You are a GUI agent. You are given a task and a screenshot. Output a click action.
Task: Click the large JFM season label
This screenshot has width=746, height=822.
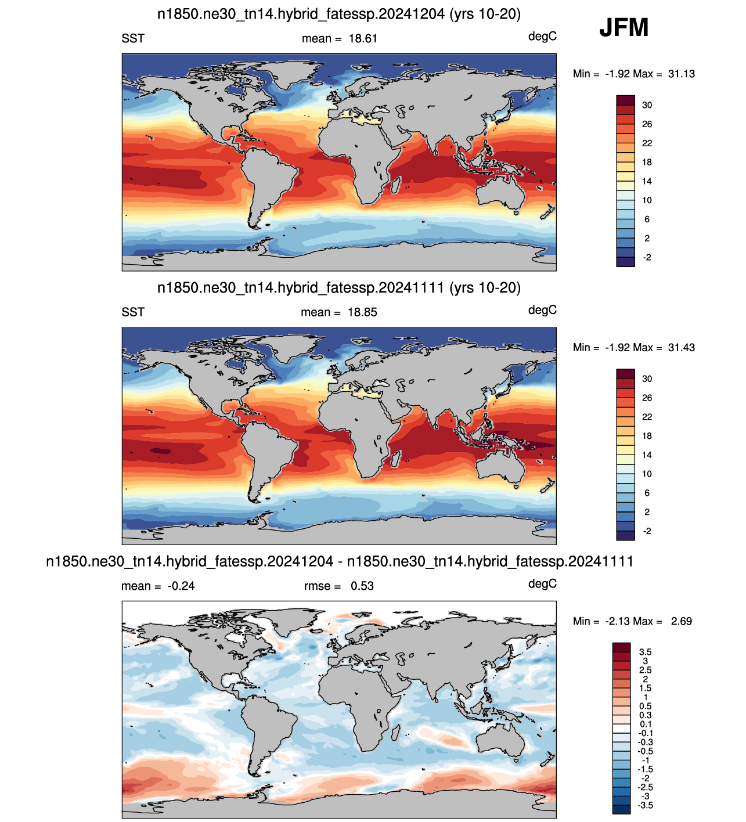tap(624, 27)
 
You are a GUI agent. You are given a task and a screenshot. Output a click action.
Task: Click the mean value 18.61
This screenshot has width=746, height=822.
tap(363, 38)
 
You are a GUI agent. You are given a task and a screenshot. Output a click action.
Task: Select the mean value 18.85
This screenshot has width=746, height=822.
tap(362, 312)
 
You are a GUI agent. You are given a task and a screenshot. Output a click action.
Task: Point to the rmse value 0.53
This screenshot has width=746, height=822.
tap(362, 586)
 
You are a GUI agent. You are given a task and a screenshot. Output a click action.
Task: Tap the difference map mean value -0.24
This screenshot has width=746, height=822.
tap(181, 586)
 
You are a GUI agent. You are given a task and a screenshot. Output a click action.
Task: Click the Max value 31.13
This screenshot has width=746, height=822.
tap(681, 74)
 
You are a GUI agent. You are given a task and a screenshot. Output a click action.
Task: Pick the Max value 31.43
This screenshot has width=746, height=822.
tap(681, 348)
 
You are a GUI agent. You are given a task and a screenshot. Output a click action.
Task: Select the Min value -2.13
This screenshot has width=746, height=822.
tap(618, 621)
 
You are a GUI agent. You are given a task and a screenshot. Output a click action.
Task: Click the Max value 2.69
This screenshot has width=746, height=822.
tap(681, 621)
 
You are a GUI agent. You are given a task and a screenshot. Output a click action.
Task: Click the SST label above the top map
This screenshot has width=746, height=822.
tap(133, 38)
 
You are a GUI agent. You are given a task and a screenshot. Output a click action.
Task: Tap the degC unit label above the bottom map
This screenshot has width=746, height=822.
tap(542, 583)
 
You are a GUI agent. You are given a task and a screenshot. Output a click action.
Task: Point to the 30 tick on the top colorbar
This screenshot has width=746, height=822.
tap(647, 105)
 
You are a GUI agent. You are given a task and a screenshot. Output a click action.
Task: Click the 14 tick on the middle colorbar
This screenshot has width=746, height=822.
tap(647, 455)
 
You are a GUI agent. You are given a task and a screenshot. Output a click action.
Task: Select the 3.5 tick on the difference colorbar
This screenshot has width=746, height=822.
tap(645, 652)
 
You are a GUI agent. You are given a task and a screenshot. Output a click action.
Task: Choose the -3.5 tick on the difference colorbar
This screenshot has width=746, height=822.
tap(645, 805)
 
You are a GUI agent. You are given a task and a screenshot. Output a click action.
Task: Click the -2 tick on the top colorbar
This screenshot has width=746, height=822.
tap(647, 257)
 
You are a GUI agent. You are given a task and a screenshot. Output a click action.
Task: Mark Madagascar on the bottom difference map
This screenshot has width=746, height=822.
tap(396, 732)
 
